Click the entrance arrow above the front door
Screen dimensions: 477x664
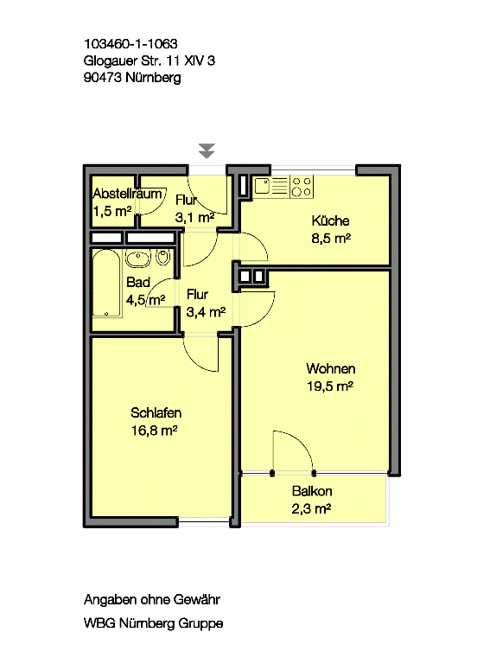coord(207,150)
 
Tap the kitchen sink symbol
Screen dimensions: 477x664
coord(263,186)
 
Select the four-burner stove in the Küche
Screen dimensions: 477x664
coord(302,187)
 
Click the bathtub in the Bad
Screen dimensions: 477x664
coord(107,284)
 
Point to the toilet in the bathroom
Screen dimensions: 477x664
coord(163,257)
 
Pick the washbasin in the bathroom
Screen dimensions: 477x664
coord(138,259)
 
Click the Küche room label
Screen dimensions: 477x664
coord(330,220)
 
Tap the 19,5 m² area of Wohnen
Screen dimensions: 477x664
coord(330,386)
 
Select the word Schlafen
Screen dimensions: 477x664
coord(156,412)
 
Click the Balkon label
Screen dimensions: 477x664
coord(312,491)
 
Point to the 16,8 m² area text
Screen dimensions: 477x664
coord(154,431)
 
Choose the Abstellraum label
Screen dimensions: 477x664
coord(127,194)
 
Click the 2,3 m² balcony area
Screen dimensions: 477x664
coord(311,508)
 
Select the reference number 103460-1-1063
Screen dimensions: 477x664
coord(130,43)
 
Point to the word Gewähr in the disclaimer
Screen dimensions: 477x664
coord(197,599)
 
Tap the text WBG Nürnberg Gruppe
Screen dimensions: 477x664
coord(153,622)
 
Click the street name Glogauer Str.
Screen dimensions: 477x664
coord(123,61)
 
